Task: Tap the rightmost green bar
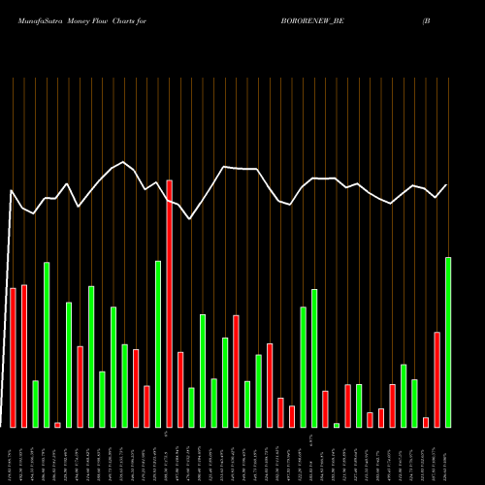tap(448, 341)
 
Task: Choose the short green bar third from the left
tap(35, 404)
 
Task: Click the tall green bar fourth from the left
tap(47, 344)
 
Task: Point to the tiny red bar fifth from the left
tap(57, 425)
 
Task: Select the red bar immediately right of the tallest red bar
tap(180, 389)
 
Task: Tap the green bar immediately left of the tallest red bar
tap(158, 343)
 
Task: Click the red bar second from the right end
tap(436, 379)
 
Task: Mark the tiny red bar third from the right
tap(426, 422)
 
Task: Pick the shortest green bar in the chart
tap(337, 425)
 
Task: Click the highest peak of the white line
tap(123, 162)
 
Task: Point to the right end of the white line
tap(447, 185)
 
